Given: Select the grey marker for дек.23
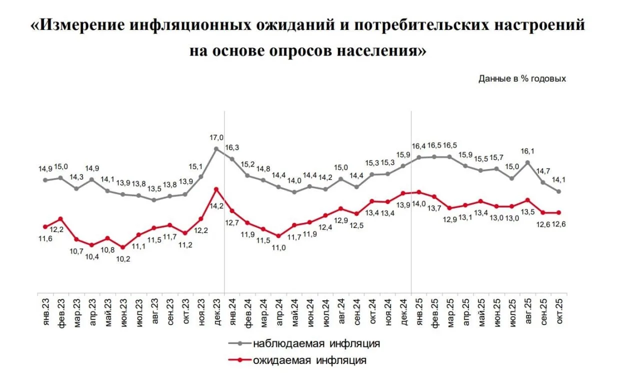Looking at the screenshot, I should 216,148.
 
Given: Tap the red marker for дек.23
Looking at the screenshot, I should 216,189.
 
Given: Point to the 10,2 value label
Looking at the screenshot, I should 123,258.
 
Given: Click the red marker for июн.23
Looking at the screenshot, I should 123,247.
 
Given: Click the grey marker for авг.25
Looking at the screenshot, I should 527,162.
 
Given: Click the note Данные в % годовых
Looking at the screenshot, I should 522,78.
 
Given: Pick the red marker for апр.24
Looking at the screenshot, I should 278,236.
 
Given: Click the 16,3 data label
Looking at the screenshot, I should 233,148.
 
